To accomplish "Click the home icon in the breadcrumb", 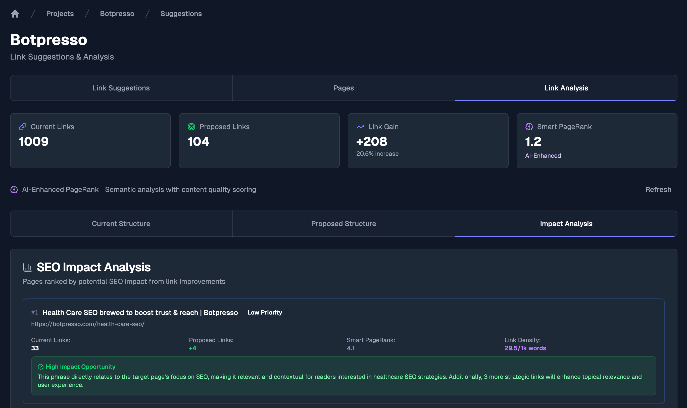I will (x=15, y=14).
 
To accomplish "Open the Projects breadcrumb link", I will (x=60, y=14).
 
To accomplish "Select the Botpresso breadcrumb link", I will (x=117, y=14).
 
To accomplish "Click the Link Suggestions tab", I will (x=121, y=88).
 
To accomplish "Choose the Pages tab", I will (x=343, y=88).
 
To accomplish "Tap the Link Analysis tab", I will (x=566, y=88).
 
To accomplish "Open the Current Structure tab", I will (x=121, y=224).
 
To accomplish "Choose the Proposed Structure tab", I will (x=343, y=224).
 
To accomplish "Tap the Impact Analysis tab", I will (x=566, y=224).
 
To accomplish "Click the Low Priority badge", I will (x=264, y=312).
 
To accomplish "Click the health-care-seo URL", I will (x=88, y=324).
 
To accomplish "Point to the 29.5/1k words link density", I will (x=525, y=348).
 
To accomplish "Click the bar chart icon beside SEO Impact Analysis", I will (x=27, y=267).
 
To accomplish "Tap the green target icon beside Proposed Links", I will (x=191, y=126).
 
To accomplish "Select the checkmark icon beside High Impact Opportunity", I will (x=41, y=367).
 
